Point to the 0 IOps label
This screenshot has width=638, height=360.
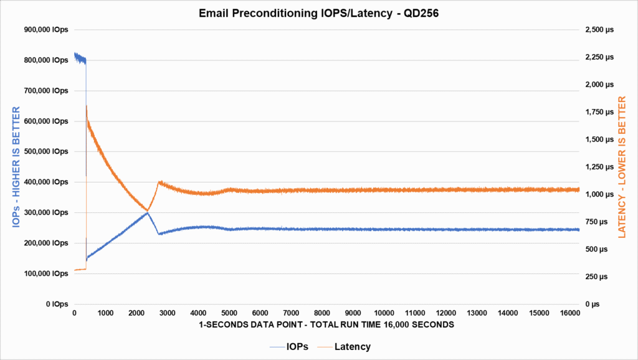56,304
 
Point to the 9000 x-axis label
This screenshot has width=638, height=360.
353,313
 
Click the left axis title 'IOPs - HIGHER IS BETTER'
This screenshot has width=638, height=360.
17,167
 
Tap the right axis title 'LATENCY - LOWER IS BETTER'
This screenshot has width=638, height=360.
621,167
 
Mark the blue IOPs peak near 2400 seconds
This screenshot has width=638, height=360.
148,212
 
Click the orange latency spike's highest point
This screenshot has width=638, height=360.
86,106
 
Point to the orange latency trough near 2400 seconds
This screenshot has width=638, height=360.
148,211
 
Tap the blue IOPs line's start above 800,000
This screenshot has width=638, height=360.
75,55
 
